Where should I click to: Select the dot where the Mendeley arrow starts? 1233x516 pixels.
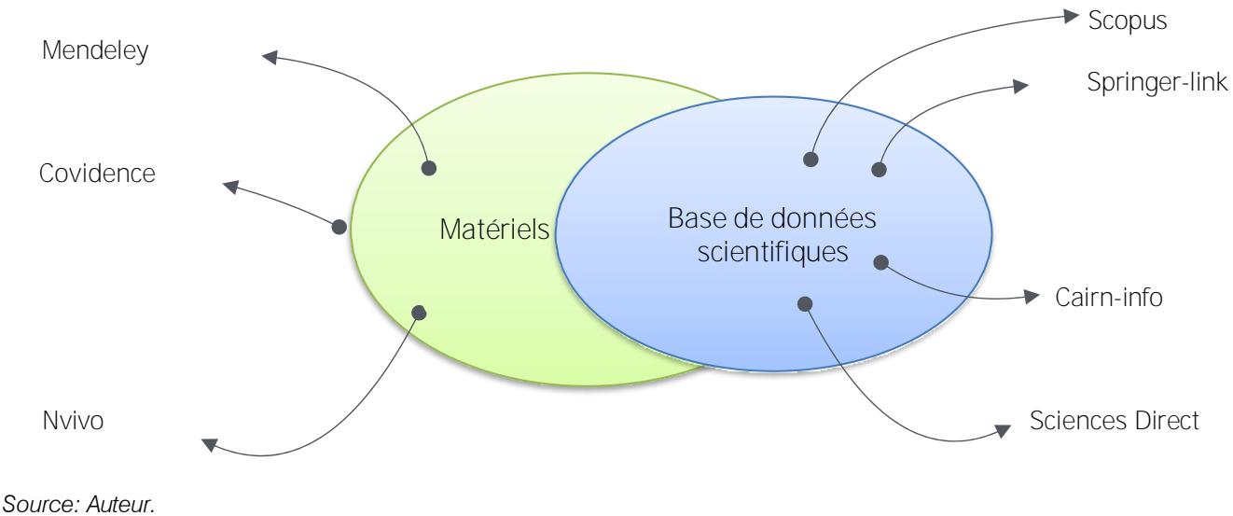coord(429,169)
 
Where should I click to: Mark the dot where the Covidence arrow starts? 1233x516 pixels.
coord(339,227)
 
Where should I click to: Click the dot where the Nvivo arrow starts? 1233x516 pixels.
coord(420,313)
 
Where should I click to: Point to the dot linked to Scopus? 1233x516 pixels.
coord(811,160)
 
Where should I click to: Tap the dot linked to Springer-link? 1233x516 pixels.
coord(878,170)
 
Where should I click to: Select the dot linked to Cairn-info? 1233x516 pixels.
coord(880,262)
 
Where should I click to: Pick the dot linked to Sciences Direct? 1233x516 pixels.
coord(806,302)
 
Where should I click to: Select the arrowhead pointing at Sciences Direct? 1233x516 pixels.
coord(1001,430)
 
